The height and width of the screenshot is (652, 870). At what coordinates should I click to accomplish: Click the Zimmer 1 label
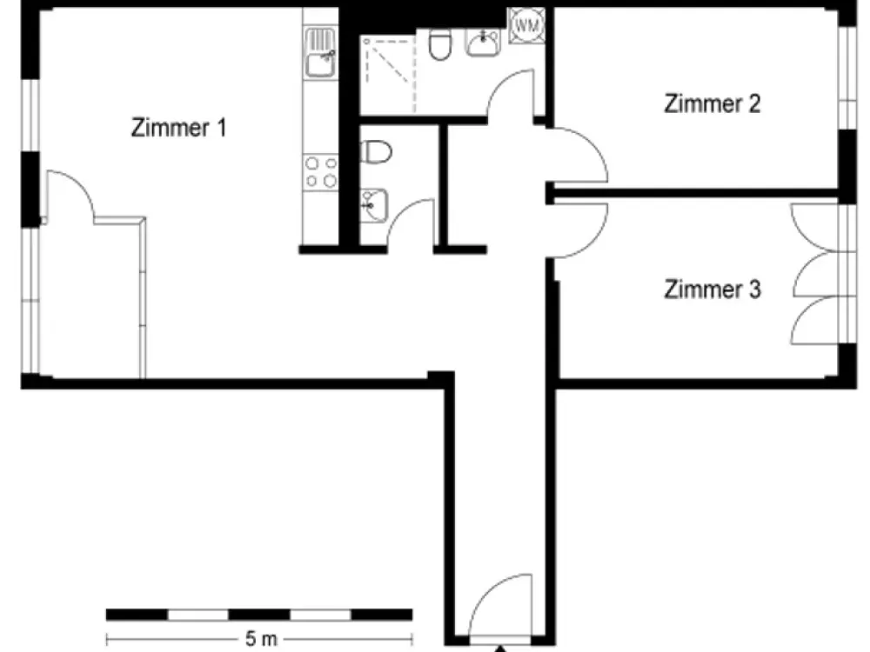[178, 128]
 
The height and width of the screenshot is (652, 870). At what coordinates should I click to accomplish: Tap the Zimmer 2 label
[713, 103]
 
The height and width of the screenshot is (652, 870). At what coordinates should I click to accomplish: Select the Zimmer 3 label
[713, 289]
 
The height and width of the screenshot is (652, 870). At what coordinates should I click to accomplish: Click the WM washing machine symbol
[526, 25]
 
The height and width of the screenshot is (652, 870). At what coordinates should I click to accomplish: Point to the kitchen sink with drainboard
[321, 53]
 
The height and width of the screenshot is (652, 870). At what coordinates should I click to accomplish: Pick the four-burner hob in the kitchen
[321, 172]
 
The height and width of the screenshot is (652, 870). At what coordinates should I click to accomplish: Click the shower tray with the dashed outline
[387, 75]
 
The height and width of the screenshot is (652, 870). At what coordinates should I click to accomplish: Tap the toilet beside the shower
[440, 44]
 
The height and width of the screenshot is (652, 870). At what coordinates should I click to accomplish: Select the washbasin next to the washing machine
[483, 42]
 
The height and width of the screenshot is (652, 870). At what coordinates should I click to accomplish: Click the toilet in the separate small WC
[376, 151]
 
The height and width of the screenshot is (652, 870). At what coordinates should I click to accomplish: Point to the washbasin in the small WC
[373, 205]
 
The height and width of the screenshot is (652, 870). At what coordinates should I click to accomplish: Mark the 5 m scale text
[261, 639]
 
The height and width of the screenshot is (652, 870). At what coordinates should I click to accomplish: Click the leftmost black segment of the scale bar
[137, 615]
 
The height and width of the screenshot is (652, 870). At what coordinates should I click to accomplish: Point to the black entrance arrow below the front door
[500, 649]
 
